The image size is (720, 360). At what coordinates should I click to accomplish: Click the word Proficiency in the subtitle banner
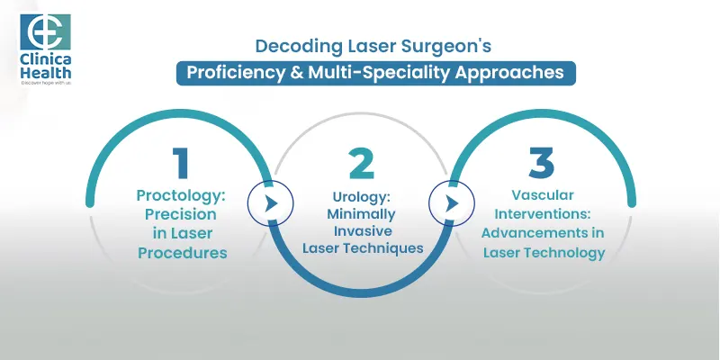pos(229,73)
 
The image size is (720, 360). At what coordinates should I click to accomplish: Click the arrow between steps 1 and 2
pos(270,204)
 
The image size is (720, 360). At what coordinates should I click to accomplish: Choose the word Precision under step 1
pos(182,215)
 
